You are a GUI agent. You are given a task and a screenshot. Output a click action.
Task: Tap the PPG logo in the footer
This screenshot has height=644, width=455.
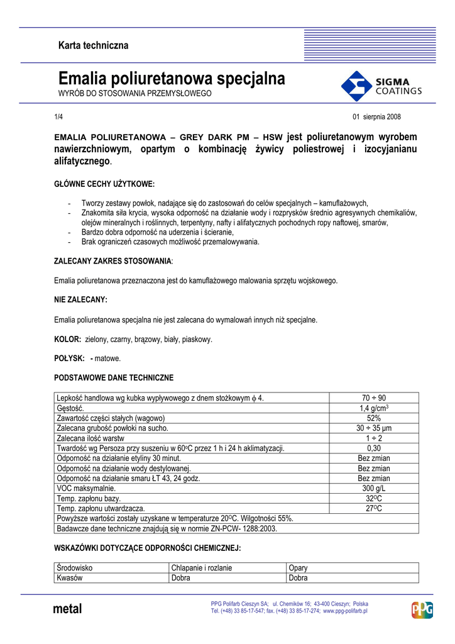pos(422,610)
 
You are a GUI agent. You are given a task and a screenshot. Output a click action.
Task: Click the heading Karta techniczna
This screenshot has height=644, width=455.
pos(93,45)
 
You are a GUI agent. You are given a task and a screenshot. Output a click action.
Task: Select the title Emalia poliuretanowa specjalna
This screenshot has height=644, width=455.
pos(172,79)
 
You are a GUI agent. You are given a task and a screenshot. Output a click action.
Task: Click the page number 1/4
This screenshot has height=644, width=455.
pos(58,117)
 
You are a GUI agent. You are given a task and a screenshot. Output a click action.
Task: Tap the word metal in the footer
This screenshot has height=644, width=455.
pos(68,609)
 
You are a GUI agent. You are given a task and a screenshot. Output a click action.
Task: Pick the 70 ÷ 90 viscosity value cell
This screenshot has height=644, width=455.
pos(374,398)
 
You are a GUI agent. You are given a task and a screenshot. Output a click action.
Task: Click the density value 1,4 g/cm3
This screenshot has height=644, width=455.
pos(374,408)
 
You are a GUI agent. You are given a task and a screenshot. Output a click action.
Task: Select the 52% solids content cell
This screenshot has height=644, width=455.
pos(374,418)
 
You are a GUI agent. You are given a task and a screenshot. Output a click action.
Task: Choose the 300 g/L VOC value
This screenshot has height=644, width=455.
pos(374,488)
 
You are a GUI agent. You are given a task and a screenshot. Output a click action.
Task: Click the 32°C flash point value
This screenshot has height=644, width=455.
pos(374,498)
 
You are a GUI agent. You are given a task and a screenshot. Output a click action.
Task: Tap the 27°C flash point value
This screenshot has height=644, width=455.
pos(374,508)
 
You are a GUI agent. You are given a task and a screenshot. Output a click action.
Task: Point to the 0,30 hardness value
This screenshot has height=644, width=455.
pos(374,448)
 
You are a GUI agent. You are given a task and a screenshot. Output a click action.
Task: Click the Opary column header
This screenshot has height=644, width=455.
pos(299,569)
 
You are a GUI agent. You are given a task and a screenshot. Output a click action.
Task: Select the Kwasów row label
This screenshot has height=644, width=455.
pos(70,578)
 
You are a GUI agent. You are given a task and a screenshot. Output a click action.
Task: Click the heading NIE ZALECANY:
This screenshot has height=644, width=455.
pos(81,300)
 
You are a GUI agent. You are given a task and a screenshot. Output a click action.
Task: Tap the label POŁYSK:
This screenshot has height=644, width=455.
pos(69,358)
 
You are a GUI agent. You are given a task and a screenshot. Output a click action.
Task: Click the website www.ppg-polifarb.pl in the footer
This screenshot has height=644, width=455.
pos(345,611)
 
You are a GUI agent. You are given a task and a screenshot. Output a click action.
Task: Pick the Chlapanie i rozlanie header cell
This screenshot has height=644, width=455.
pos(202,569)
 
